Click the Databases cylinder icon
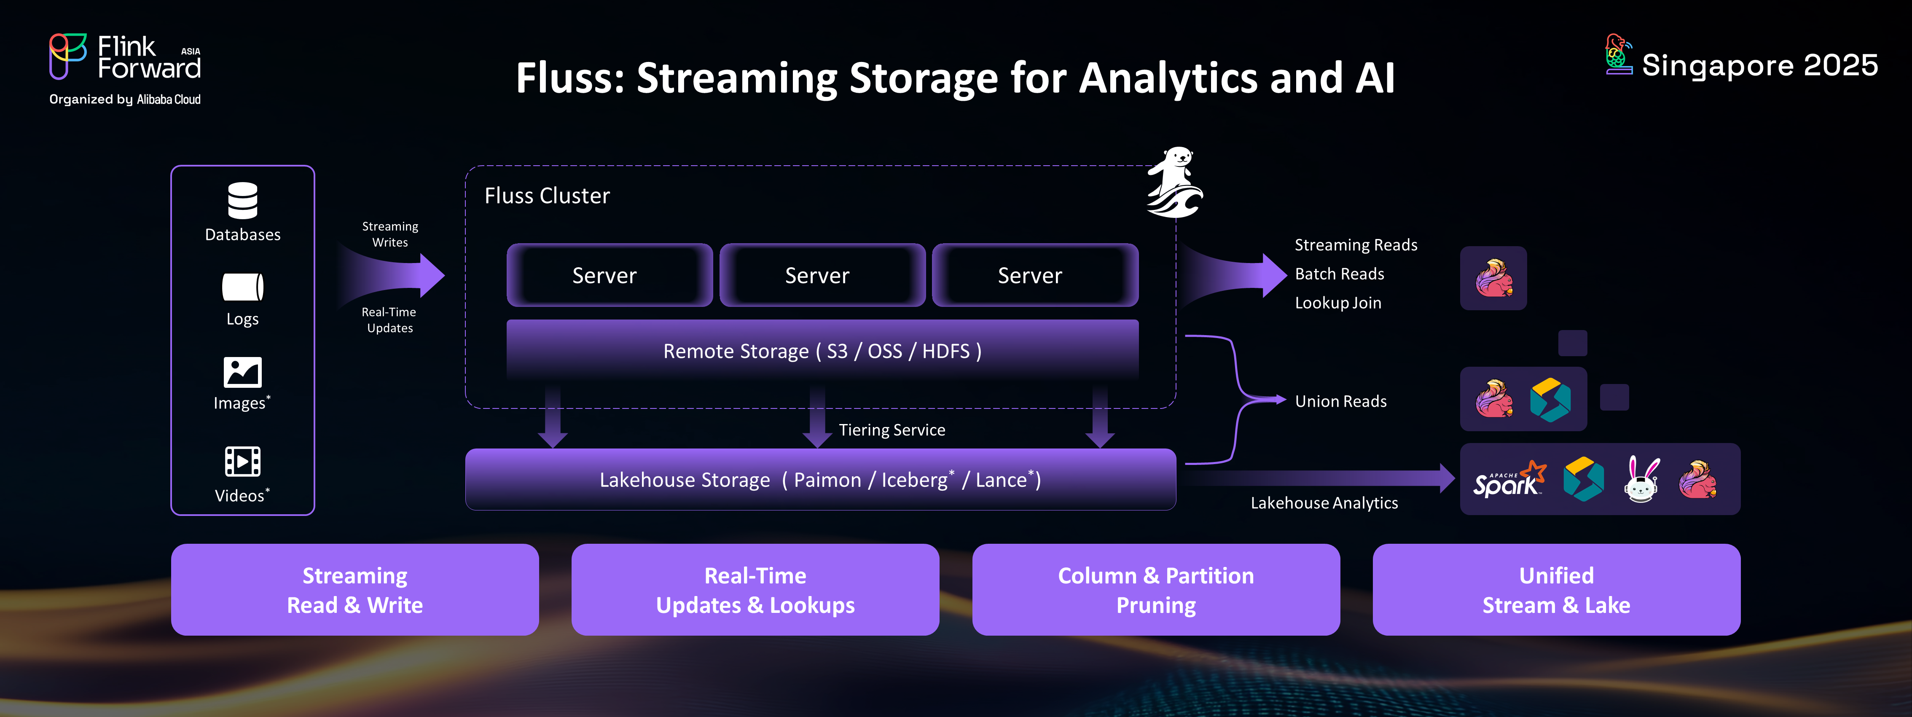pos(243,200)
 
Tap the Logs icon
pos(243,287)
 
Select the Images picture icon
pos(243,372)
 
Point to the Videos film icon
pos(243,462)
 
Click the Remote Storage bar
pos(822,350)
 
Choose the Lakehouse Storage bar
pos(820,480)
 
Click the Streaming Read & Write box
pos(355,590)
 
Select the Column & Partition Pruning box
pos(1156,590)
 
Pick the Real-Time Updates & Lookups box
pos(755,590)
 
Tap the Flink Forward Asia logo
pos(125,58)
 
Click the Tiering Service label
pos(892,430)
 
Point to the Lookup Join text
pos(1337,303)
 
